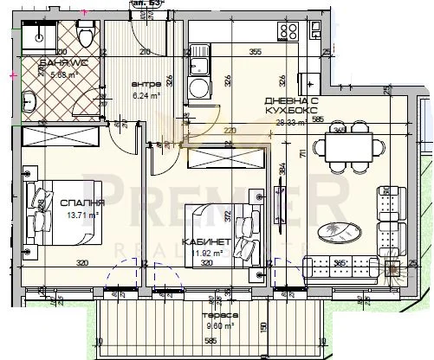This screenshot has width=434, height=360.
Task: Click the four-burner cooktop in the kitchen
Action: [288, 33]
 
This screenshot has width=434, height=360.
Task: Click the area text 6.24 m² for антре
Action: [145, 95]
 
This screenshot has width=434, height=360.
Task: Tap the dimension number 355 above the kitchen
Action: [255, 52]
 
